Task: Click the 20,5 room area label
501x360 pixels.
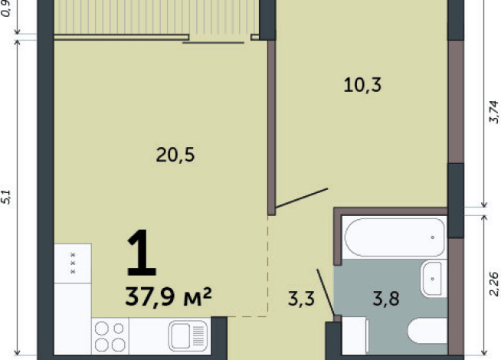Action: (x=175, y=155)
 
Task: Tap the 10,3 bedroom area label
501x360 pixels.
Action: (x=362, y=85)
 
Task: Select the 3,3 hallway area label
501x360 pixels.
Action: (x=301, y=299)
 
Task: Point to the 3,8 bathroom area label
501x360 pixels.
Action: (x=386, y=299)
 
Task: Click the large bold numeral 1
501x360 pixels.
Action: (x=141, y=253)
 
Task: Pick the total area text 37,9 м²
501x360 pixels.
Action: (x=169, y=296)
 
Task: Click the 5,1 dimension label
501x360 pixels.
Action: (x=6, y=197)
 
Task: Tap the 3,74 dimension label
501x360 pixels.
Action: (x=494, y=112)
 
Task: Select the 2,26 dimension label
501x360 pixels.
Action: (x=494, y=284)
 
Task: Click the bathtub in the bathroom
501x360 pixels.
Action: (x=395, y=237)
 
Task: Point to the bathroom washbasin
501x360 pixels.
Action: (x=433, y=279)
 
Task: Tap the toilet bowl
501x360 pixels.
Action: (x=427, y=331)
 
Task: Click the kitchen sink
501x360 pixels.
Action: (x=188, y=335)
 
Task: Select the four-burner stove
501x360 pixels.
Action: (x=110, y=336)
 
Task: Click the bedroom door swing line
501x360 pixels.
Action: (x=302, y=198)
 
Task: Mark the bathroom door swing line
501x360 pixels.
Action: (x=326, y=293)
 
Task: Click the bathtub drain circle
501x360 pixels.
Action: (x=433, y=237)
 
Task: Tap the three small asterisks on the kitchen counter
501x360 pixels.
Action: (x=73, y=263)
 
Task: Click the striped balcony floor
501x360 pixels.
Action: (x=156, y=17)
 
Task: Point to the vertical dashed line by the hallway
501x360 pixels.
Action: (x=268, y=266)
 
